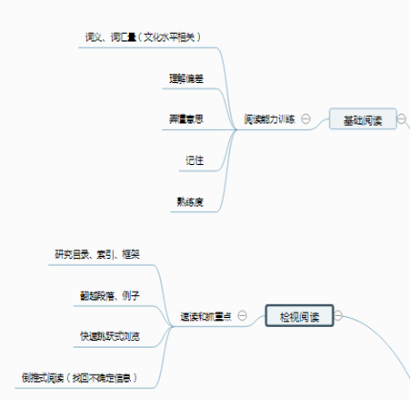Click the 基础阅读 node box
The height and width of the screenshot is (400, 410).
363,119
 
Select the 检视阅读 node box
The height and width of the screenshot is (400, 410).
299,317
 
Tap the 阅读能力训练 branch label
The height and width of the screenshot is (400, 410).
269,119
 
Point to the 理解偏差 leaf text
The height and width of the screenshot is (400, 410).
185,77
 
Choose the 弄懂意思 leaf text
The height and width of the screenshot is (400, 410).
185,119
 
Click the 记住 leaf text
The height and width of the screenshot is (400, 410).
194,160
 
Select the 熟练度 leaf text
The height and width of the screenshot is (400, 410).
189,201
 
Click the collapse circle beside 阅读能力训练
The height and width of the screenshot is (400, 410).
306,118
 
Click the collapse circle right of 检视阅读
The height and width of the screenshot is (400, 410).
338,316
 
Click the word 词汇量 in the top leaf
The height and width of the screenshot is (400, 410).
124,37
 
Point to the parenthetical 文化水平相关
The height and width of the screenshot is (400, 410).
170,37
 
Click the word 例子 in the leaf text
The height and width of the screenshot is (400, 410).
130,295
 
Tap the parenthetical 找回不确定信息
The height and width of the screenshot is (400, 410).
106,377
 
